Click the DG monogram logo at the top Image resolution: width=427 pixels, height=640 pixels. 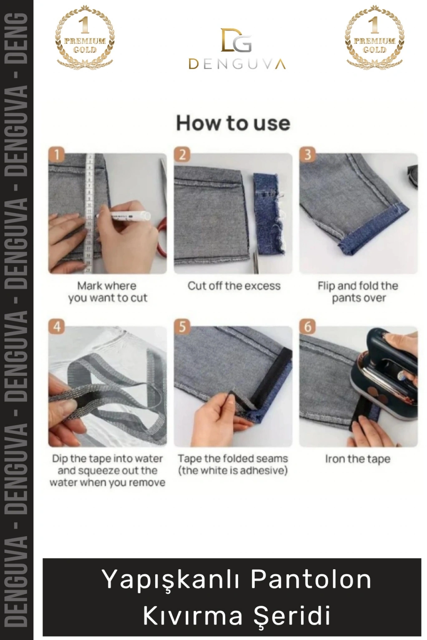click(x=236, y=40)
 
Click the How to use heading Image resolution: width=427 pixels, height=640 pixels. click(x=233, y=123)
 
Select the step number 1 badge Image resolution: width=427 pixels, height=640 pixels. click(x=57, y=155)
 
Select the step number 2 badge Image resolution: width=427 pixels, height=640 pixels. click(x=182, y=155)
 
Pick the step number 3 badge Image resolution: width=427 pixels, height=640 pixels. click(x=307, y=155)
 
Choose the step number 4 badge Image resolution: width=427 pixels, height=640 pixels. click(x=57, y=327)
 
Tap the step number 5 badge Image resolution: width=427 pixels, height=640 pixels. click(x=182, y=327)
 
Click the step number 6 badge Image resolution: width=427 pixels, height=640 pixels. click(x=307, y=327)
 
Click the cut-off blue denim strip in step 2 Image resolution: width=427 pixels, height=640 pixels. click(x=268, y=213)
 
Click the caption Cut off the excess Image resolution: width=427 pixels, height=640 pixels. click(x=234, y=286)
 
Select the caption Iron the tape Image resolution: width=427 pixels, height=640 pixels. click(x=358, y=459)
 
